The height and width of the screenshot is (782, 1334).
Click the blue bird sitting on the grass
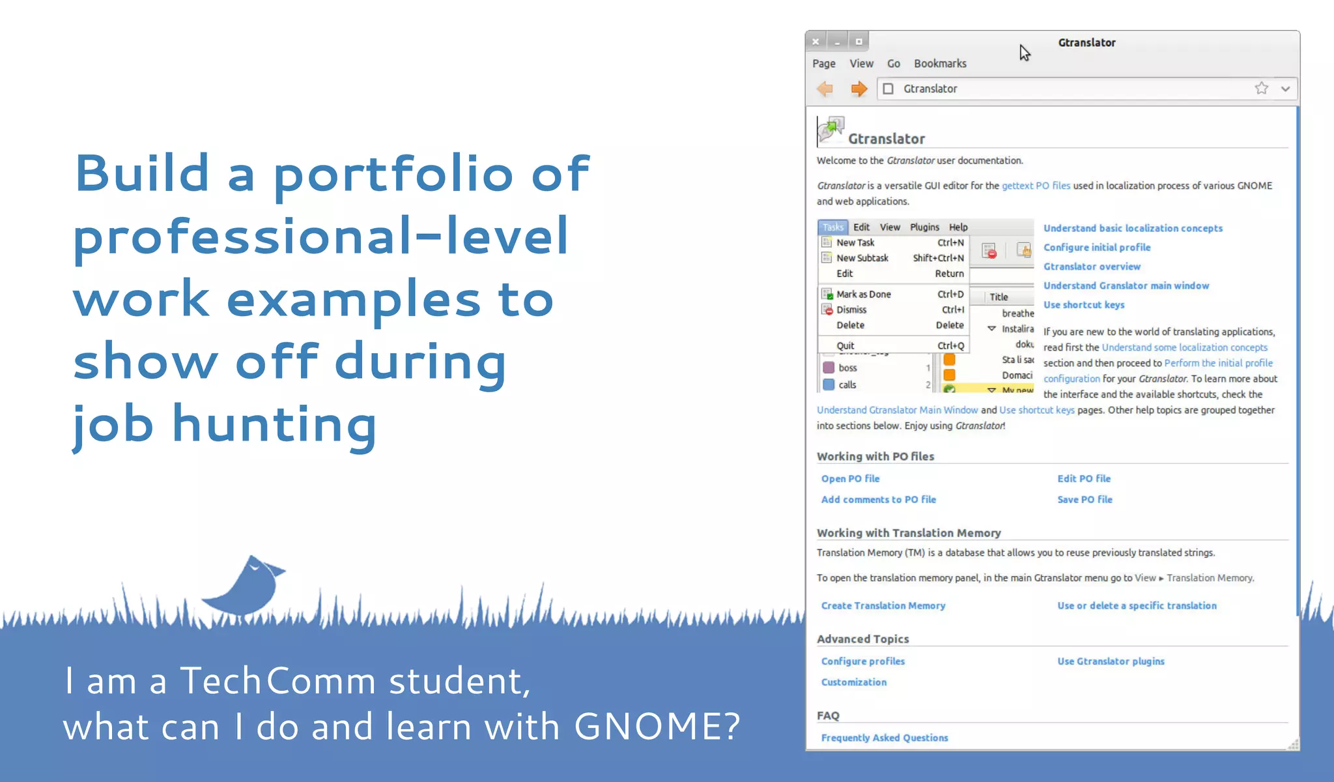point(245,585)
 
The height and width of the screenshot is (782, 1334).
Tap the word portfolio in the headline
point(393,175)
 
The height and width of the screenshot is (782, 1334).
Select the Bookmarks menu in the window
point(939,63)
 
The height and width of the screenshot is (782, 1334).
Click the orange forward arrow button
point(859,89)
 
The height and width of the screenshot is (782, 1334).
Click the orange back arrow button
point(825,89)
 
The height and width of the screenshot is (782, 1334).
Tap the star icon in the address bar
point(1261,89)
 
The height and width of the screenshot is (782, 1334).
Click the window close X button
point(816,42)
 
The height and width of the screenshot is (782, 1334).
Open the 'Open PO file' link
point(850,478)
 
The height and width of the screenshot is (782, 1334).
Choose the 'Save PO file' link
point(1085,499)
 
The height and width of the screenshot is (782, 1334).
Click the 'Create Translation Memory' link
point(883,605)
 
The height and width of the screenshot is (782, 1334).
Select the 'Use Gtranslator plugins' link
point(1111,661)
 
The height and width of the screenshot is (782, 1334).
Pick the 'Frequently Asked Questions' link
point(884,738)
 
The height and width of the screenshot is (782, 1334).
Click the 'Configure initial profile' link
point(1097,247)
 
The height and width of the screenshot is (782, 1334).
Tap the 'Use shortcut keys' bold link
point(1084,304)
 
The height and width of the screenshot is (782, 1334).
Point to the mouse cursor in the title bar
point(1025,52)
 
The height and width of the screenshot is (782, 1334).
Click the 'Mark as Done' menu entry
point(863,294)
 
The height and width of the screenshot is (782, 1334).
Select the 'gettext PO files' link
point(1036,186)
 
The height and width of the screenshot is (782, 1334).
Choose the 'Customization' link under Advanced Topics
point(853,682)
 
